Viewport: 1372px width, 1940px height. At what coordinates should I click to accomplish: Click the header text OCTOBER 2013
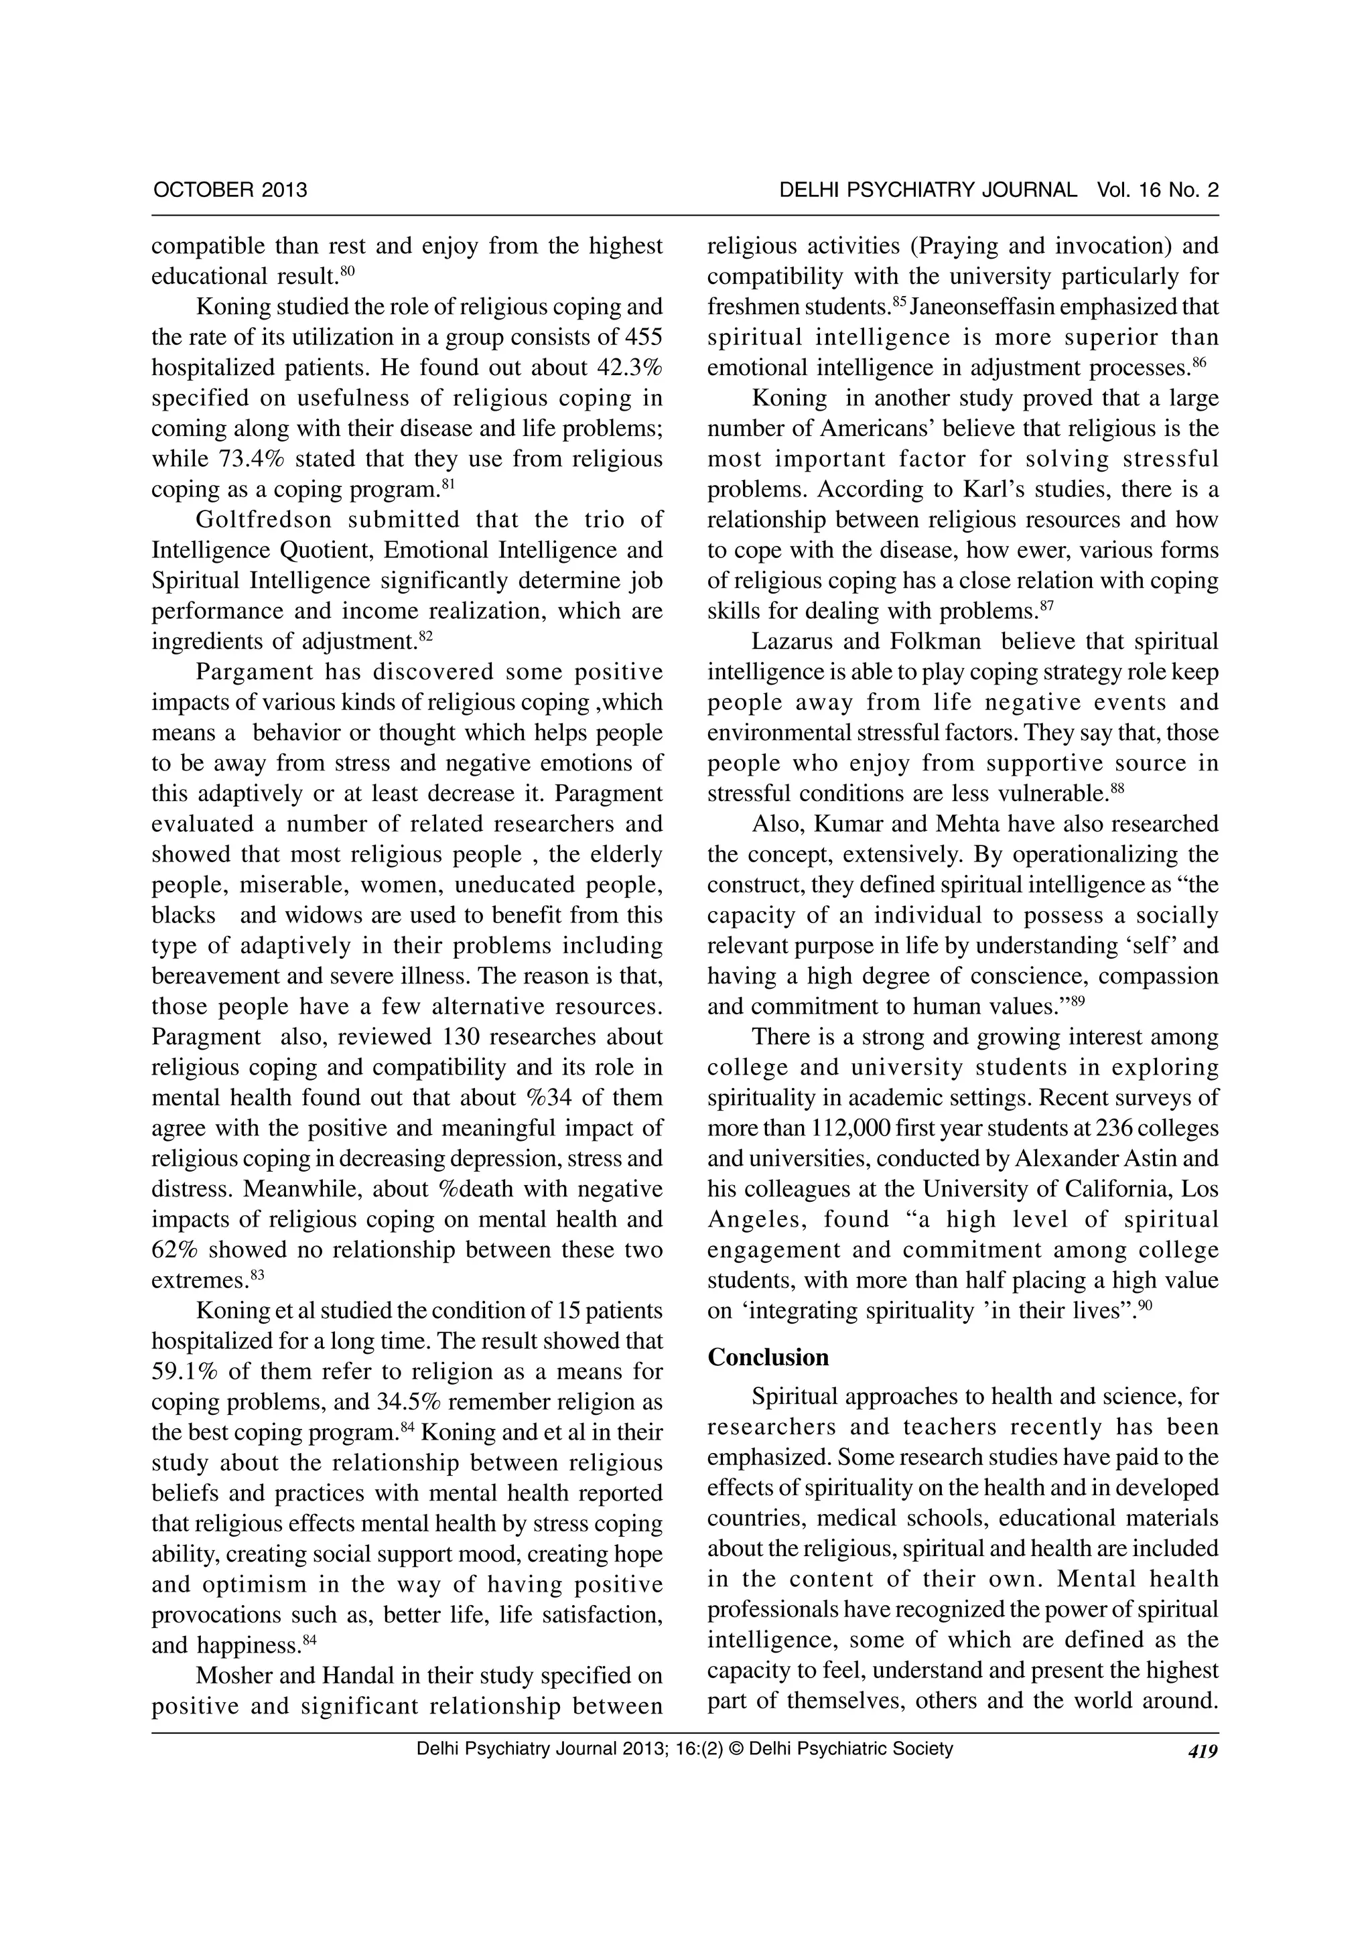point(230,190)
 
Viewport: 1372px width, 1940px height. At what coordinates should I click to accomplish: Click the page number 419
point(1203,1752)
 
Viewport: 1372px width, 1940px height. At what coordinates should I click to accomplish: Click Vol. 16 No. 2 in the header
point(1158,190)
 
